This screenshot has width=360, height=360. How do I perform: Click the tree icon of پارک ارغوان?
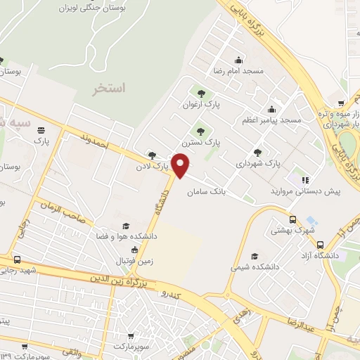pyautogui.click(x=203, y=94)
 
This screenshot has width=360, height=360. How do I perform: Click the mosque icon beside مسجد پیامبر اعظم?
pyautogui.click(x=271, y=108)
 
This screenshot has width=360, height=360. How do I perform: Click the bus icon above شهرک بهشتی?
pyautogui.click(x=293, y=219)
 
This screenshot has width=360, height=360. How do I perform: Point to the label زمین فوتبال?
pyautogui.click(x=134, y=260)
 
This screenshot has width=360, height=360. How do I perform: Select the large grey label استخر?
pyautogui.click(x=110, y=89)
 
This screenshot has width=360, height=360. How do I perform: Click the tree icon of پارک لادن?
pyautogui.click(x=153, y=155)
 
